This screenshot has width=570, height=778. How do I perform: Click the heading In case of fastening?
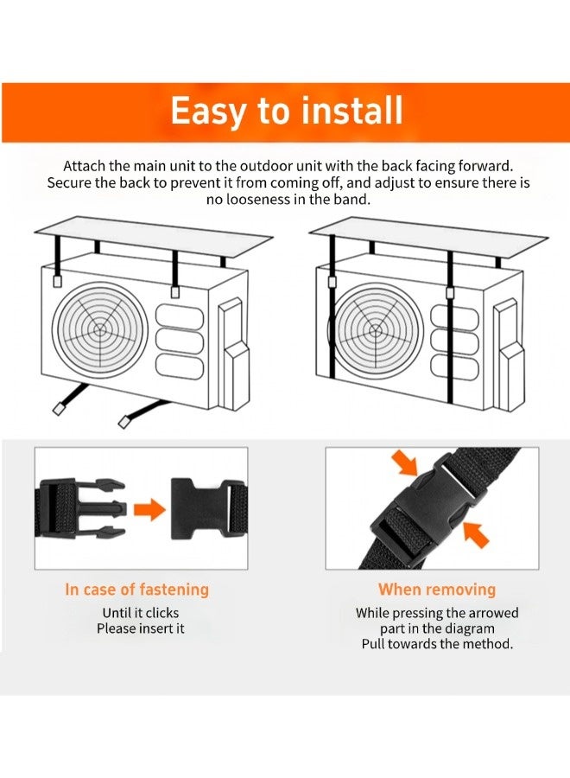pos(136,590)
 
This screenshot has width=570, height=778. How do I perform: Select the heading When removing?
pos(437,590)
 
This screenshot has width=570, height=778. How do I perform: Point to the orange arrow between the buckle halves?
pos(149,509)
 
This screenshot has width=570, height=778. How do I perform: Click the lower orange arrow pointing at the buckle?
pos(476,535)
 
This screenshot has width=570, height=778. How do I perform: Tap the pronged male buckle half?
pos(80,509)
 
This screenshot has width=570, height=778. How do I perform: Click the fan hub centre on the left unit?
pos(100,329)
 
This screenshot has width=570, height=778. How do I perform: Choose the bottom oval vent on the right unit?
pos(454,367)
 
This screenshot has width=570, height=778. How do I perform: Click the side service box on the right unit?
pos(508,354)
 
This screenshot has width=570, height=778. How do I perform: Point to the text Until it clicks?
pos(141,613)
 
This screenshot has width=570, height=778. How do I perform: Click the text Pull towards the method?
pos(437,644)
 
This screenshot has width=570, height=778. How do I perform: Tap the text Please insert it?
pos(141,628)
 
